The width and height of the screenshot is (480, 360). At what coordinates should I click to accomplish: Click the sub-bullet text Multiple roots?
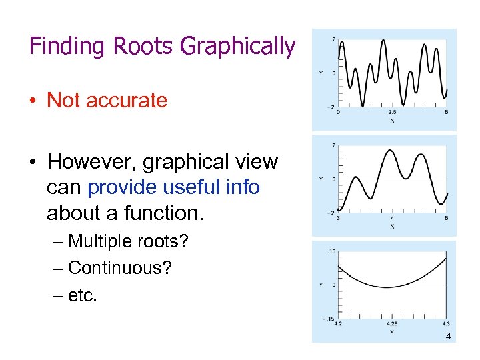click(x=128, y=241)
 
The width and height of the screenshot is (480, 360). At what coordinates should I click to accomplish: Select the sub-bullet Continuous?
click(x=120, y=268)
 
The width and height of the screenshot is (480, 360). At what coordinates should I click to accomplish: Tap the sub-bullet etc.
click(x=83, y=295)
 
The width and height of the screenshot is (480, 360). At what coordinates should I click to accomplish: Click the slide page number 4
click(x=448, y=337)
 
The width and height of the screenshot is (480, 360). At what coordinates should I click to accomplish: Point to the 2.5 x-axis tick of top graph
click(x=392, y=113)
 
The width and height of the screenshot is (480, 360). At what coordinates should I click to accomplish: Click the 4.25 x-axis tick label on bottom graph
click(x=392, y=325)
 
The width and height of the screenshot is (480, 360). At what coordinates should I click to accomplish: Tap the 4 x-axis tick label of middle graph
click(x=392, y=219)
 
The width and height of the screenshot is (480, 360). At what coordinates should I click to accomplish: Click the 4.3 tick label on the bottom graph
click(x=445, y=325)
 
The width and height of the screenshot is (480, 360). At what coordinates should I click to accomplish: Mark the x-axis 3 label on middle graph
click(x=338, y=219)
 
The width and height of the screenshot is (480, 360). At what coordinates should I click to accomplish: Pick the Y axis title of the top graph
click(x=321, y=73)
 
